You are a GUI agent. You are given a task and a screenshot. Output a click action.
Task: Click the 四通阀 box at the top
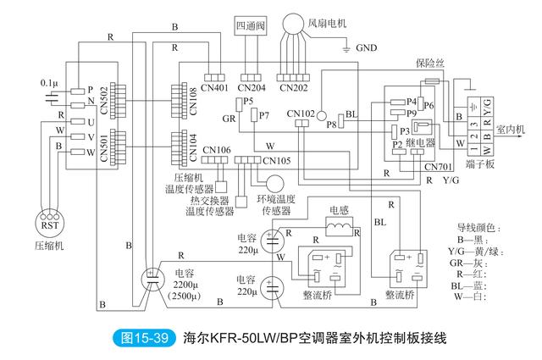[250, 25]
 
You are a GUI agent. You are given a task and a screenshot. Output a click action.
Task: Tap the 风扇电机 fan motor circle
[296, 20]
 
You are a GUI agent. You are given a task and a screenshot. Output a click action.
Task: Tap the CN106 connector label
[216, 150]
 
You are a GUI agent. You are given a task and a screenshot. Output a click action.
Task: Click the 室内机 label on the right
[510, 130]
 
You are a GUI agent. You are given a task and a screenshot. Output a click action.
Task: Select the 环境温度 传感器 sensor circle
[275, 184]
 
